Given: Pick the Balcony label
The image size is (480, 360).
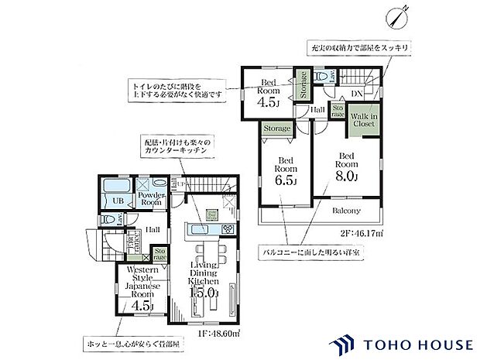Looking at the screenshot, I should coord(347,211).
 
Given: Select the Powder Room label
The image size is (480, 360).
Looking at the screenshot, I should coord(152,197).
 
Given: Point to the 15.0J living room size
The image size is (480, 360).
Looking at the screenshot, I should coord(205,293).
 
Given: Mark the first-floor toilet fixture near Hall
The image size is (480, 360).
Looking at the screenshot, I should coord(108,218).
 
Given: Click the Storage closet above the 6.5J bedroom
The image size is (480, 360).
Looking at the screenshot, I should coord(276,129).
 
